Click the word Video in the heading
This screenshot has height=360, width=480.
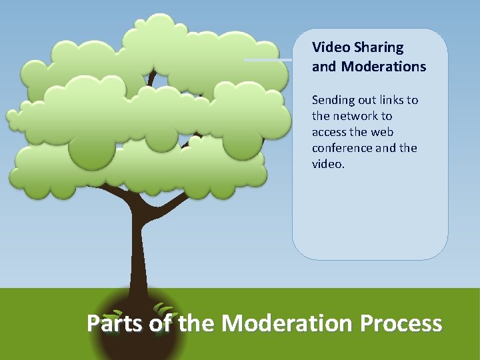[x=327, y=47]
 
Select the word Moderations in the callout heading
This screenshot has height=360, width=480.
[x=383, y=67]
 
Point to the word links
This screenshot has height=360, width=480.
[x=392, y=100]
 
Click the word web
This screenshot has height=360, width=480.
[x=382, y=132]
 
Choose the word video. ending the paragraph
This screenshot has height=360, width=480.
[x=328, y=164]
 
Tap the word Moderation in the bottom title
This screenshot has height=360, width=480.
[x=287, y=323]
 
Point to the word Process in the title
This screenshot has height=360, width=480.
[x=401, y=323]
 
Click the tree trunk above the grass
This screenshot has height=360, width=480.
[x=139, y=253]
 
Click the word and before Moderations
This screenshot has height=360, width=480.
[x=324, y=67]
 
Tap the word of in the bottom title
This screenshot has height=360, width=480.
[x=161, y=323]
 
